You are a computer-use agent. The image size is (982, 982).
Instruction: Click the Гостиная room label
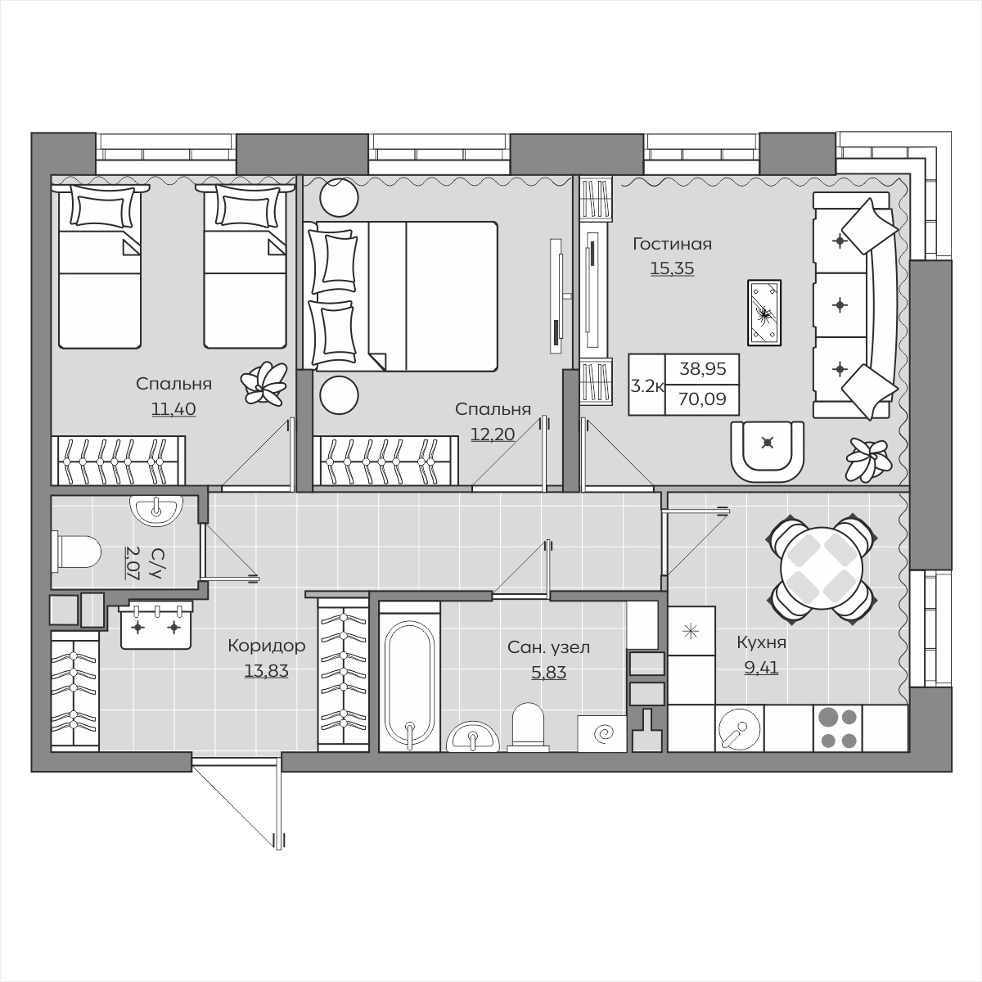672,245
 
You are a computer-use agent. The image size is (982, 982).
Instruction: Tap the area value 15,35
672,268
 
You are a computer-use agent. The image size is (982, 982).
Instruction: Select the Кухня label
761,643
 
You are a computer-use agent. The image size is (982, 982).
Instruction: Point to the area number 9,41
761,667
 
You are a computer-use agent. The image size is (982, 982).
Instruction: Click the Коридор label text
267,646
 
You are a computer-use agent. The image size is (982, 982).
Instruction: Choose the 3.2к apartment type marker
646,386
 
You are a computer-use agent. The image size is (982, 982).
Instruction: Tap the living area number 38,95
703,368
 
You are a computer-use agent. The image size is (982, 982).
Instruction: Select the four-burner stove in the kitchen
837,729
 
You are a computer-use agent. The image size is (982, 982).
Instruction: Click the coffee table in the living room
764,313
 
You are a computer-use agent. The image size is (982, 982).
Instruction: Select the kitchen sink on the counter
740,729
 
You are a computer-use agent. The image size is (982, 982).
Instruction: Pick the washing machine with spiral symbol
601,733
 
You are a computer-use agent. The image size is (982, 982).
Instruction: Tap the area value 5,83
549,673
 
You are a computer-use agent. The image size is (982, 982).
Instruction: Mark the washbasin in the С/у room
156,510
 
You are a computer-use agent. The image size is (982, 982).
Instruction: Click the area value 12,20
493,435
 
